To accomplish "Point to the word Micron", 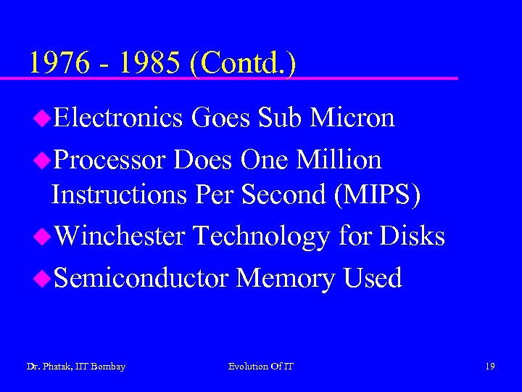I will click(352, 118).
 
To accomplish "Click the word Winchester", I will click(120, 236).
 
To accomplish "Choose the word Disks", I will click(412, 236).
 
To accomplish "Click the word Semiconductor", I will click(141, 278).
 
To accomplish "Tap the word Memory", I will click(285, 279).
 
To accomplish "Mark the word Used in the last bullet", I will click(372, 278).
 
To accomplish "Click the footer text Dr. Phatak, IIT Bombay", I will click(75, 367).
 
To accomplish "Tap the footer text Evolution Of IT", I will click(261, 367).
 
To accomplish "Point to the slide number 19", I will click(490, 367).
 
